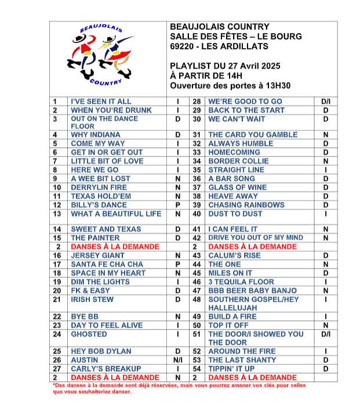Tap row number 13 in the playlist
click(x=57, y=214)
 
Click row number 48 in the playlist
click(x=196, y=300)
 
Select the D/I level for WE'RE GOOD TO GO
click(x=326, y=101)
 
